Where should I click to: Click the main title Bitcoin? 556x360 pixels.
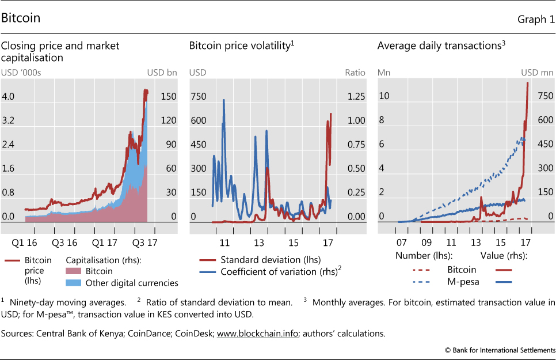point(21,18)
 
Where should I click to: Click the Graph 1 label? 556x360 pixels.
point(536,19)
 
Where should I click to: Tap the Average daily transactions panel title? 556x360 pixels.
point(441,46)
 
